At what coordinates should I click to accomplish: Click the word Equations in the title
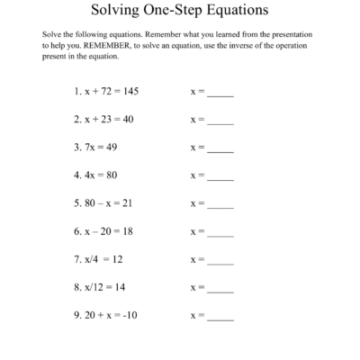pos(230,11)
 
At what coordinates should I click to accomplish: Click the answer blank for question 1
pos(220,94)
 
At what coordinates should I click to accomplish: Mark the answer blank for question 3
pos(220,149)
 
